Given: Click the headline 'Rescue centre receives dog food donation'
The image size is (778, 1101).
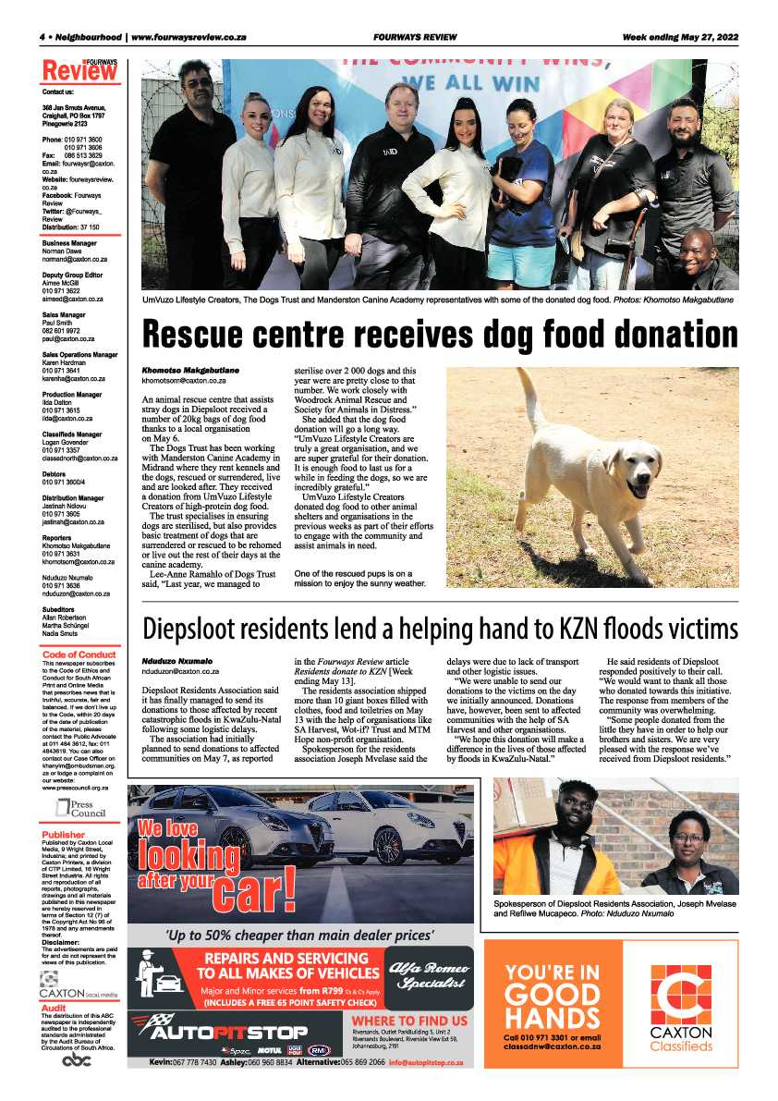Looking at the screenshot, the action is (x=440, y=334).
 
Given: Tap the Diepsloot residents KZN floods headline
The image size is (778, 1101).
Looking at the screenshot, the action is (x=440, y=629).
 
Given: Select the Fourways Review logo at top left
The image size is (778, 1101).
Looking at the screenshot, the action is (x=80, y=70).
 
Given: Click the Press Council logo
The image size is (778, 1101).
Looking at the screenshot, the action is (x=81, y=809).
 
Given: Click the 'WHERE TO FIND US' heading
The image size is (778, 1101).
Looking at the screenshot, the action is (x=409, y=1021).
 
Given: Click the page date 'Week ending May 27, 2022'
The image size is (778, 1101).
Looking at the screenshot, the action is (x=679, y=37).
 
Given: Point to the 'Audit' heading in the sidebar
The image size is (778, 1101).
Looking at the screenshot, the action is (x=55, y=1007).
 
